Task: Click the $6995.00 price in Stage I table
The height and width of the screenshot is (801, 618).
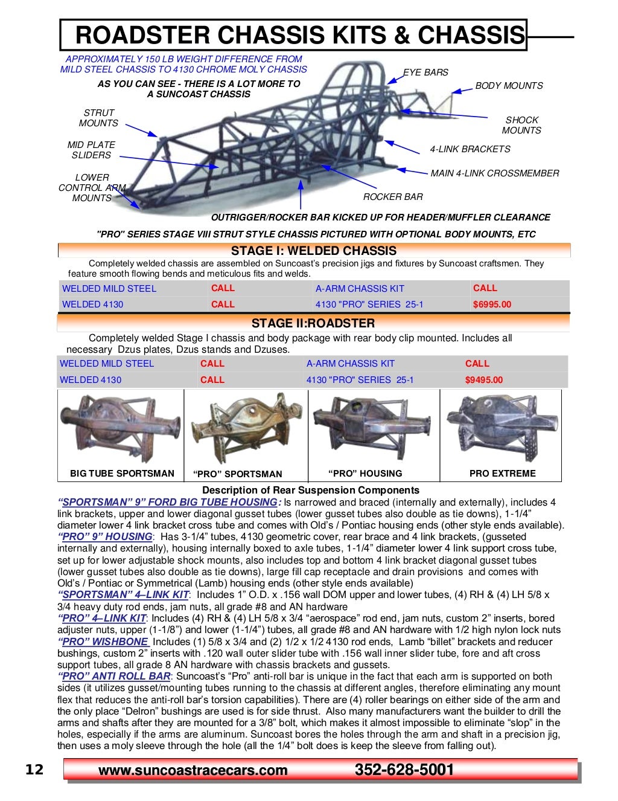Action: pyautogui.click(x=492, y=304)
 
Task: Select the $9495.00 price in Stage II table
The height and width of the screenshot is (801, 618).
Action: pyautogui.click(x=483, y=380)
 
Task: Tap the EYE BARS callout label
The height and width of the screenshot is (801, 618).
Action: pyautogui.click(x=425, y=72)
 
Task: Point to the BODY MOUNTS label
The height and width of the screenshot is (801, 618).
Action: pyautogui.click(x=509, y=86)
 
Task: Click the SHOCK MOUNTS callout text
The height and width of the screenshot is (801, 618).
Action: pyautogui.click(x=521, y=125)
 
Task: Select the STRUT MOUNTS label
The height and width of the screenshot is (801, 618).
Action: pyautogui.click(x=98, y=118)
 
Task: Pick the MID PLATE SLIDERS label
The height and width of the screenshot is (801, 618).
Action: pyautogui.click(x=91, y=150)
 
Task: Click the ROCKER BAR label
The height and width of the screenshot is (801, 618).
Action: pyautogui.click(x=393, y=197)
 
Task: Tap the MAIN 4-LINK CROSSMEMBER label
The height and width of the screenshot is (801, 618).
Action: pyautogui.click(x=494, y=173)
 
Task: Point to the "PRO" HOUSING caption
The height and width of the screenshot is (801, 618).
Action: pyautogui.click(x=365, y=474)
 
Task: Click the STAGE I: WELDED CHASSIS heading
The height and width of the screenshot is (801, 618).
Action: pyautogui.click(x=314, y=251)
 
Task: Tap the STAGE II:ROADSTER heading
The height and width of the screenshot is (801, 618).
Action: pyautogui.click(x=313, y=323)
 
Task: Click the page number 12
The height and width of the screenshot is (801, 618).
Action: pyautogui.click(x=34, y=770)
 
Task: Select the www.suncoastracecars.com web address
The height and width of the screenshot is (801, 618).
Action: pyautogui.click(x=193, y=770)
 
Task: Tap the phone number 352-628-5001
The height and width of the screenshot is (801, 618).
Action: pyautogui.click(x=404, y=770)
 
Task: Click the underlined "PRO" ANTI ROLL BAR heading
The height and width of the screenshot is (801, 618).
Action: pyautogui.click(x=115, y=677)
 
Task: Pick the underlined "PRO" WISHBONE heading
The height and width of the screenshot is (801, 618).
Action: pyautogui.click(x=103, y=642)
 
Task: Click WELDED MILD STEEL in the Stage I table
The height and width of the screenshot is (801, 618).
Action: pyautogui.click(x=109, y=289)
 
